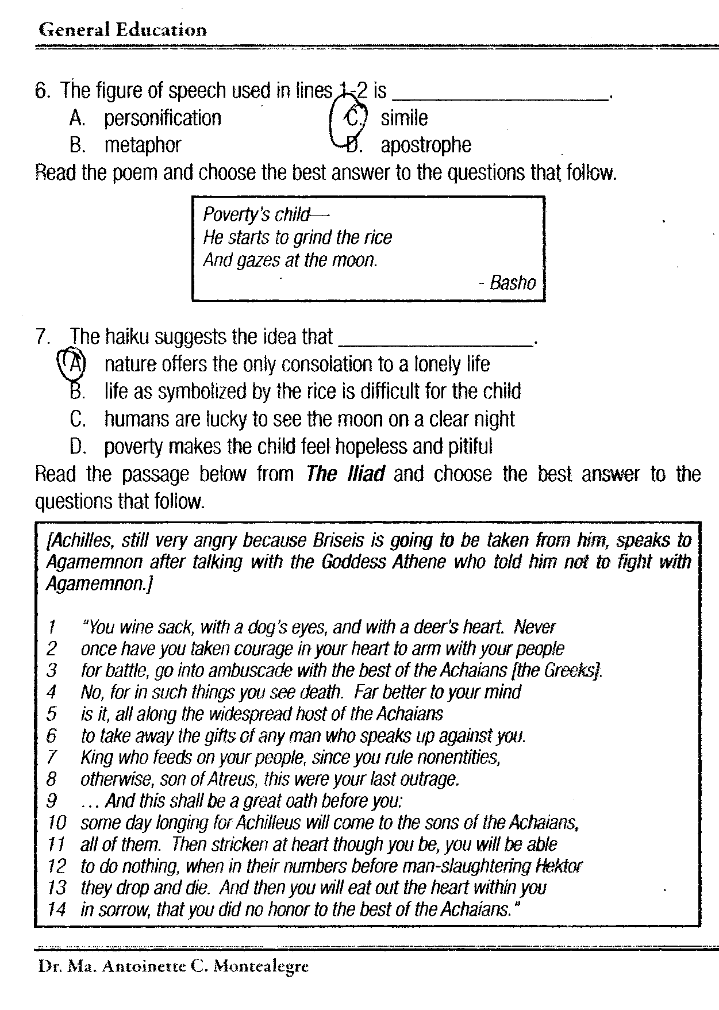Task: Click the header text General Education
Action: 122,29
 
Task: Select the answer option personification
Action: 163,118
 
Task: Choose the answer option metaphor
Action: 143,145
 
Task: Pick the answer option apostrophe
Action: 426,145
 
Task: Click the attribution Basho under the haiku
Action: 513,283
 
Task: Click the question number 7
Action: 42,337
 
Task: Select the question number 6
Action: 42,91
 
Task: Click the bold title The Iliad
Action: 345,474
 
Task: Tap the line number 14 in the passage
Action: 56,909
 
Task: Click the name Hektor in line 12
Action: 559,866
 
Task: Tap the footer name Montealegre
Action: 261,966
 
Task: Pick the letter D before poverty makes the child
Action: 77,446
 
